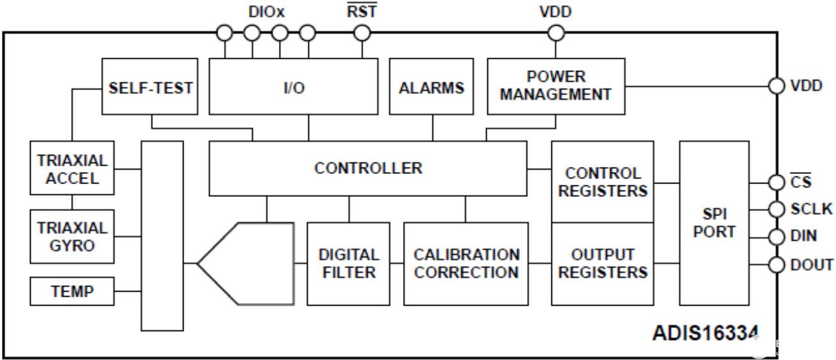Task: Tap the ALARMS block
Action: (x=432, y=87)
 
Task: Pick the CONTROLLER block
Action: (x=368, y=168)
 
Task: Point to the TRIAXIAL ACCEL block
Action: (x=72, y=168)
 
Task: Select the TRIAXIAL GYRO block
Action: (x=72, y=236)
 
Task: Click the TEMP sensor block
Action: (x=72, y=292)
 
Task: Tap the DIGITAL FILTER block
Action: (x=349, y=263)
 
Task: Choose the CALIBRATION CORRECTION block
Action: (x=466, y=263)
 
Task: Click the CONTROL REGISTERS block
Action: (x=602, y=182)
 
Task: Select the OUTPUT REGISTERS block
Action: (x=602, y=263)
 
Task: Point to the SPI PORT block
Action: (x=714, y=223)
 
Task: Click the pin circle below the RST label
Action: (x=362, y=33)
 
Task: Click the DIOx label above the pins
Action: (x=265, y=11)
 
